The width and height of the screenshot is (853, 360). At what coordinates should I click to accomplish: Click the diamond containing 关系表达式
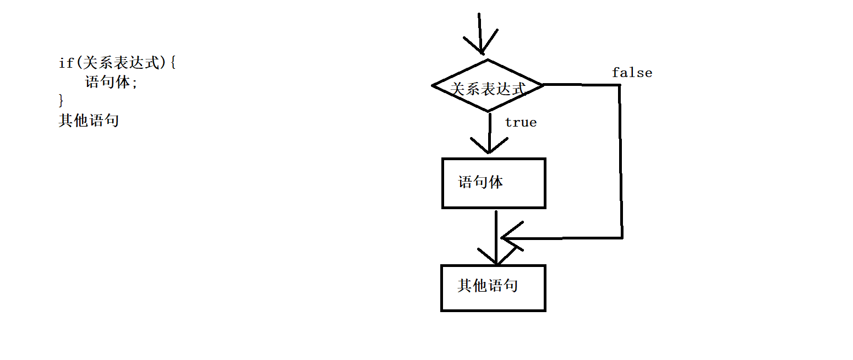click(488, 86)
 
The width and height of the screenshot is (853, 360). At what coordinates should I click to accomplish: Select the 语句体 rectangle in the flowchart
click(494, 183)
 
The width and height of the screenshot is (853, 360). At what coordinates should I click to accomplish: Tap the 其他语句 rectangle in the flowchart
click(493, 288)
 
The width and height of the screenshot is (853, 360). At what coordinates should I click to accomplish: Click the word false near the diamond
click(632, 73)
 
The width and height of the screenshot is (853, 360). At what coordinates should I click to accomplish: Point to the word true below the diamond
click(521, 122)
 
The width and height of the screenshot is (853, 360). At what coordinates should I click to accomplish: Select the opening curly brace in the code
click(172, 63)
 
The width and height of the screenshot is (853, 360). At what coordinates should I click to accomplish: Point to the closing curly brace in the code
click(61, 100)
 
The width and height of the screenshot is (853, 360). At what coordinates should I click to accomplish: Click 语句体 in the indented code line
click(107, 82)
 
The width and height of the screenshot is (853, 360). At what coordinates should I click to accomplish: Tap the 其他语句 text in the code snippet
click(89, 121)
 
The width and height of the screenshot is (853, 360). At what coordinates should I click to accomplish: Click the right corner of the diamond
click(542, 85)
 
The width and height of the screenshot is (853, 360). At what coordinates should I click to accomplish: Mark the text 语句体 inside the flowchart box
click(480, 182)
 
